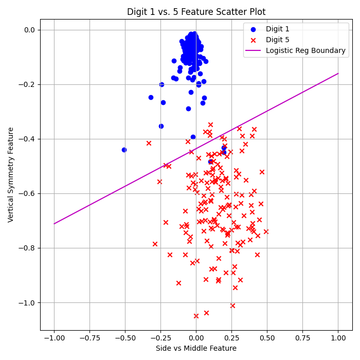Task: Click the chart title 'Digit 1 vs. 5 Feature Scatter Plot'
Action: pyautogui.click(x=196, y=12)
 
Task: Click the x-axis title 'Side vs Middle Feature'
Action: pyautogui.click(x=196, y=348)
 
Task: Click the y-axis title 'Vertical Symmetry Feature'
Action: pyautogui.click(x=11, y=175)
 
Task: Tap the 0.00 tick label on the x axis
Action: pyautogui.click(x=196, y=338)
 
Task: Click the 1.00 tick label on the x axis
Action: pyautogui.click(x=338, y=338)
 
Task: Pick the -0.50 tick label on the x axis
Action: pyautogui.click(x=125, y=338)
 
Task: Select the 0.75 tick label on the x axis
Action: pyautogui.click(x=302, y=338)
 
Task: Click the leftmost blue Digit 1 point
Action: pyautogui.click(x=124, y=150)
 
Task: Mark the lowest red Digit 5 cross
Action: pyautogui.click(x=196, y=316)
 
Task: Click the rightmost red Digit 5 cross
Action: pyautogui.click(x=266, y=231)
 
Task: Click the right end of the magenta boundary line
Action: pyautogui.click(x=338, y=73)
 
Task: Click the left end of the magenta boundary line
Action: pyautogui.click(x=54, y=224)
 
